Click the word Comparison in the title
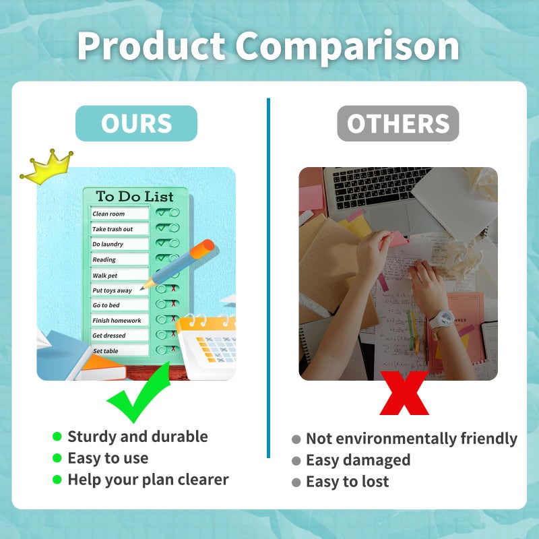click(347, 46)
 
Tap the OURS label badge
click(136, 124)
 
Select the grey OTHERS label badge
click(398, 124)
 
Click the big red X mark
click(404, 393)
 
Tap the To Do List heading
click(135, 197)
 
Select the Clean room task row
click(120, 214)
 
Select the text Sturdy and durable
click(137, 437)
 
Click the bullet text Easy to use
click(108, 458)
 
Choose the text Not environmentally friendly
click(411, 439)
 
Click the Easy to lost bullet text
click(347, 482)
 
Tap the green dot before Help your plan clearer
click(57, 480)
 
